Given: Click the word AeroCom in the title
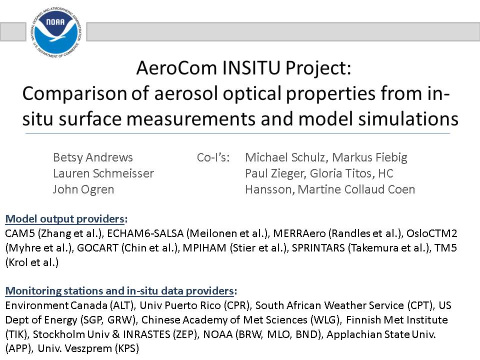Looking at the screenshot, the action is (176, 67).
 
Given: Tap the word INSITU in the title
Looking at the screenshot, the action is (251, 67).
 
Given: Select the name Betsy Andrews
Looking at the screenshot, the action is (93, 157).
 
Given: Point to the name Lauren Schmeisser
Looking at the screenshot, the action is (103, 173).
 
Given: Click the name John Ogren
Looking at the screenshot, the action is (83, 189).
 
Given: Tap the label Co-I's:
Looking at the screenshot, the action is (213, 157).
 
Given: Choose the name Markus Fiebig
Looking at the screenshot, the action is (370, 157).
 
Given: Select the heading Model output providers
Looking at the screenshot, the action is (65, 219).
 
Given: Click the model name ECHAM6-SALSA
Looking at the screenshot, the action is (145, 233).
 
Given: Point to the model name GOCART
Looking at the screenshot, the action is (97, 247).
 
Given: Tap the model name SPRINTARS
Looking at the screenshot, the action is (318, 247).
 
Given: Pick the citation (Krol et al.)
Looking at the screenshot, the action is (32, 262).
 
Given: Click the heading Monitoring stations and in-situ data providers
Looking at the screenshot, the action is (119, 291).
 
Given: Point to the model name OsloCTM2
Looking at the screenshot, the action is (431, 233).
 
